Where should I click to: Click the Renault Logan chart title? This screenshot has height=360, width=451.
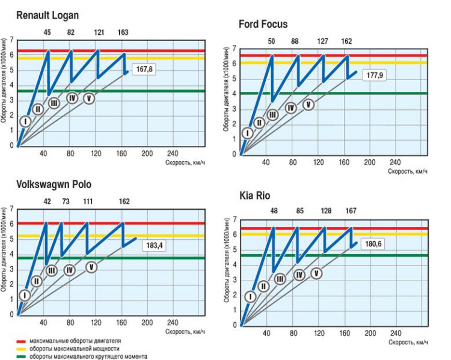(48, 14)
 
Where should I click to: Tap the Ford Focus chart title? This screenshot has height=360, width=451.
(263, 25)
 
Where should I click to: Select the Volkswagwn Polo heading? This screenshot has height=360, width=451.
(54, 184)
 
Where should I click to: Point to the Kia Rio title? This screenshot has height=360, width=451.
(256, 196)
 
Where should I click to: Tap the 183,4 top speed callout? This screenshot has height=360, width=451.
(154, 246)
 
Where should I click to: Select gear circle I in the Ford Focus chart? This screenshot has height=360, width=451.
(247, 133)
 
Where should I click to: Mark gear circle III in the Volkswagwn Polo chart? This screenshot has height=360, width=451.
(52, 270)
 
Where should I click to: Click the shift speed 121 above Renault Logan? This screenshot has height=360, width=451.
(99, 32)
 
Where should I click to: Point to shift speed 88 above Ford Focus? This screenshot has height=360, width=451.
(295, 41)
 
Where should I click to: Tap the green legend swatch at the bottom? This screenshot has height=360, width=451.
(20, 356)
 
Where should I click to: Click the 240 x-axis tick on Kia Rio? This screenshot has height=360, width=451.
(396, 334)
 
